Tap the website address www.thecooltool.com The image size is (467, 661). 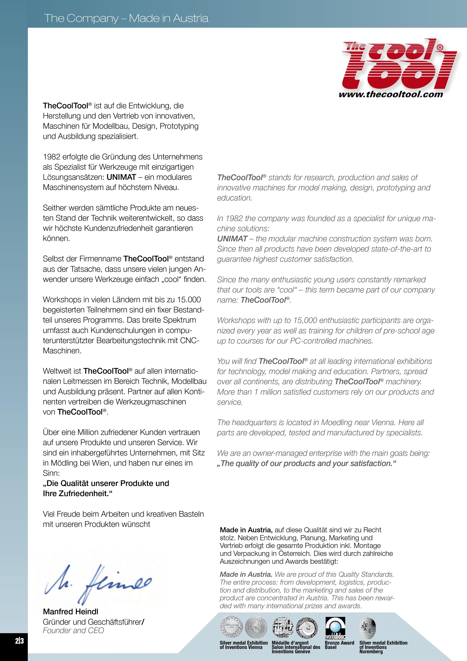[x=391, y=94]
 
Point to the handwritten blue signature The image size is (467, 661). [x=98, y=584]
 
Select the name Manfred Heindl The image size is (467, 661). [x=70, y=611]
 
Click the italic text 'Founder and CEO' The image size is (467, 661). [x=73, y=630]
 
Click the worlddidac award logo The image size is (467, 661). [x=335, y=628]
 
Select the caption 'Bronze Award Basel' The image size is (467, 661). [x=339, y=645]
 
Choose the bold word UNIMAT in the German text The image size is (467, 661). [x=121, y=177]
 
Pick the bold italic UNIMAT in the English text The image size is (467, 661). [x=232, y=239]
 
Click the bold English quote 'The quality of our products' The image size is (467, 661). [x=307, y=464]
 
